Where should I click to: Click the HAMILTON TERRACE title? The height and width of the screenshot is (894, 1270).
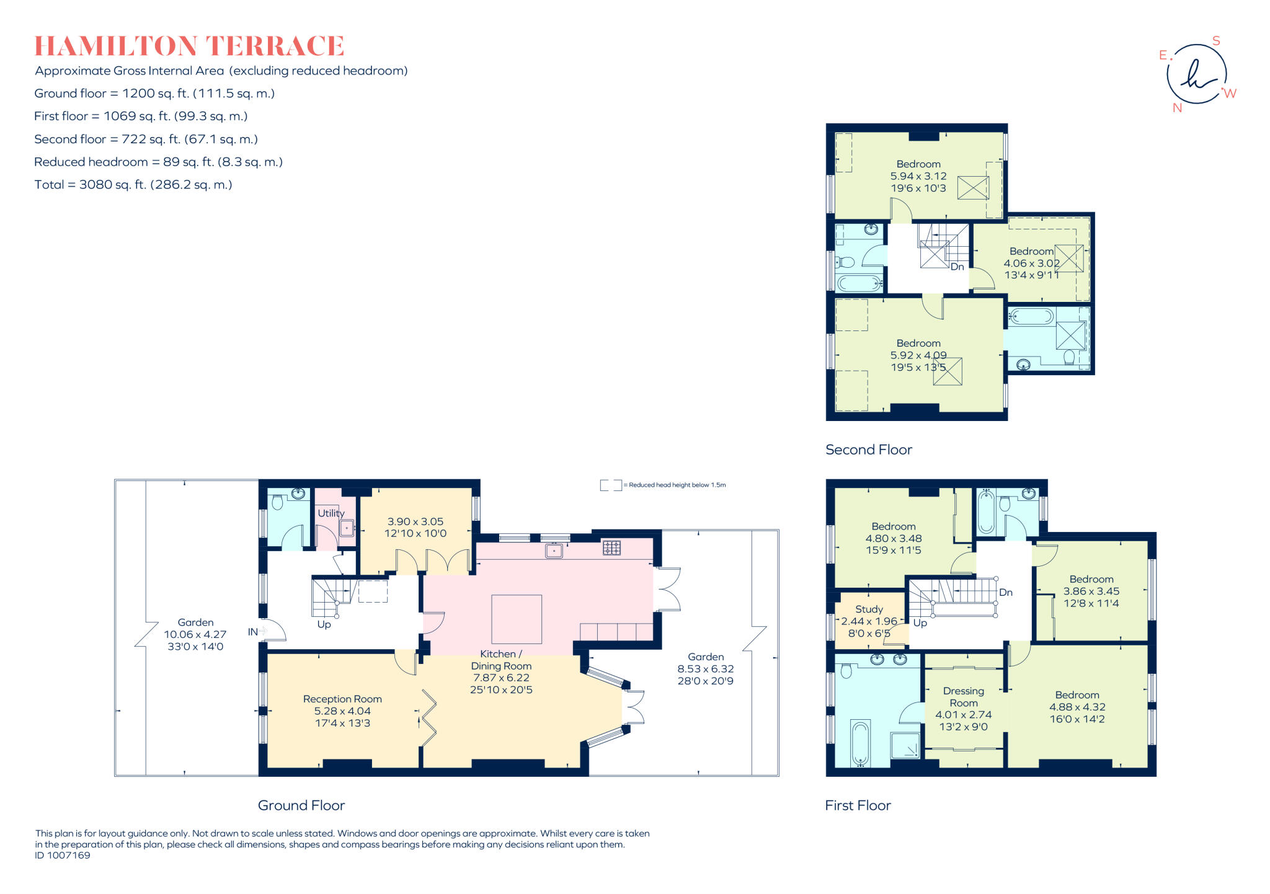click(189, 46)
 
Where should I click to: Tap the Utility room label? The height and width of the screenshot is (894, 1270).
click(331, 513)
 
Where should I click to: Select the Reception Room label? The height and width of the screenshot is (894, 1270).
click(342, 699)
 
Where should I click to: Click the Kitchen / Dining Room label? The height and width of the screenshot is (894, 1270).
click(501, 660)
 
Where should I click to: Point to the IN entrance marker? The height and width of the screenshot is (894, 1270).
click(253, 632)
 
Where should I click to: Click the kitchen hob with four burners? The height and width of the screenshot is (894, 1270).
click(611, 547)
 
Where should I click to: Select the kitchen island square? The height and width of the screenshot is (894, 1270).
click(517, 619)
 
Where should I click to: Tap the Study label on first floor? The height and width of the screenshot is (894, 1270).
click(869, 609)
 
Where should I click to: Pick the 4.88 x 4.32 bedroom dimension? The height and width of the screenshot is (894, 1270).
click(1077, 707)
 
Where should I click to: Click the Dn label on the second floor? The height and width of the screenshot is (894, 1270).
click(957, 267)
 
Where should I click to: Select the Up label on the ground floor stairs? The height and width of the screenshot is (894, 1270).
click(324, 624)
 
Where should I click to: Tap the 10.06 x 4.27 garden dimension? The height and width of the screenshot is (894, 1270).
click(195, 634)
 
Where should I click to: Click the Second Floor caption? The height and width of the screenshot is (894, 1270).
click(868, 450)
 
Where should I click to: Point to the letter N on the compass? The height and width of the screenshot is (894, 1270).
click(1177, 108)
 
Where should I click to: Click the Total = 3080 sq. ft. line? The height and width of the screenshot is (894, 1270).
click(133, 185)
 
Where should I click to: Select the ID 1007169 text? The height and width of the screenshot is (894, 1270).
click(63, 856)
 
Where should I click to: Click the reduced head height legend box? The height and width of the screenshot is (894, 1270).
click(610, 485)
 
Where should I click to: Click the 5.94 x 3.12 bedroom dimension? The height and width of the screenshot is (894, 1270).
click(918, 176)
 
